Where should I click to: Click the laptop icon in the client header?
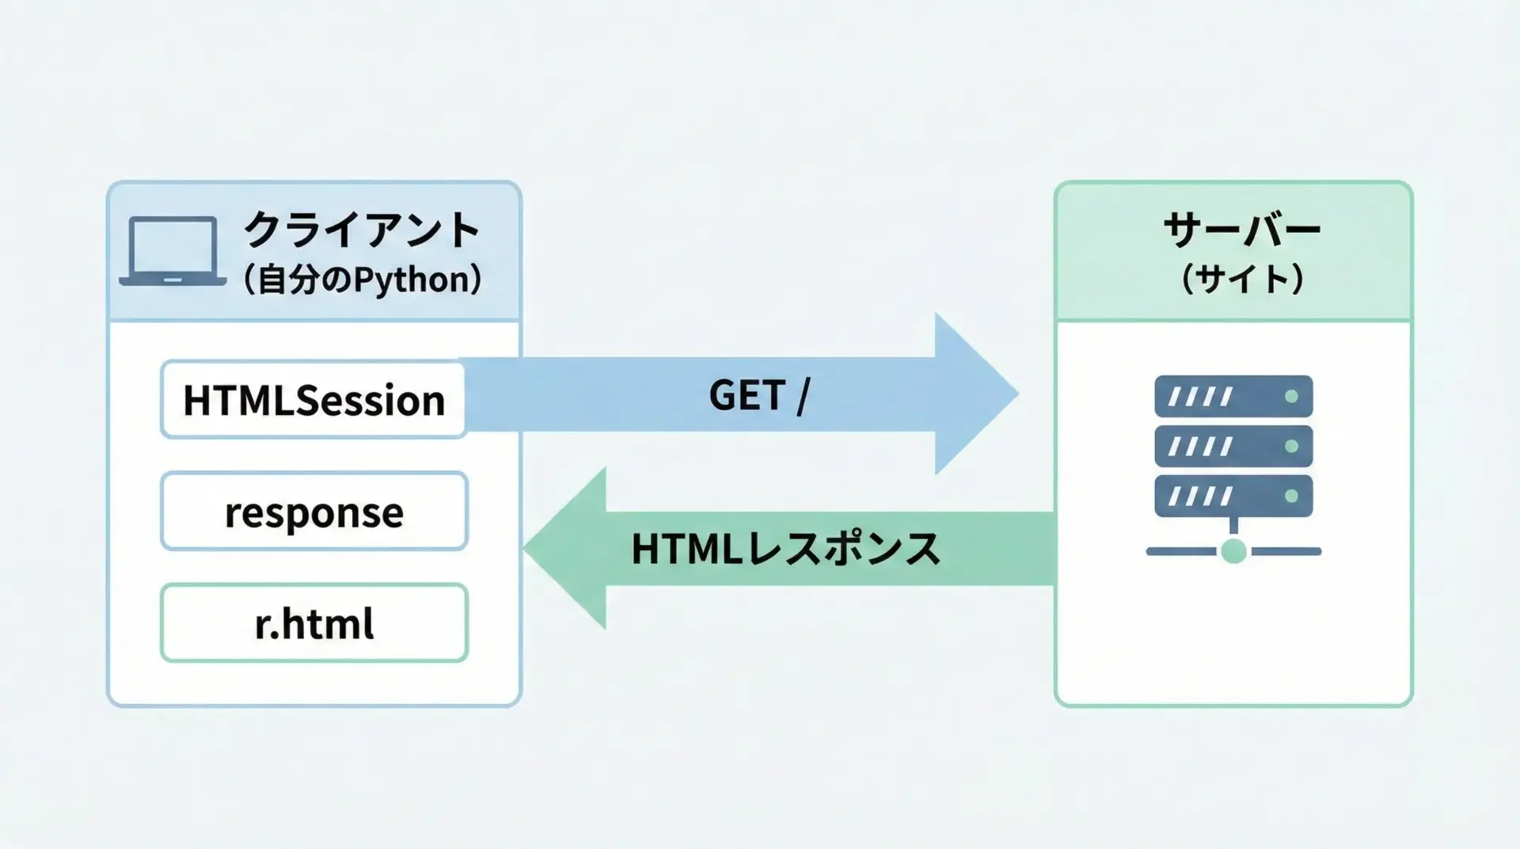173,250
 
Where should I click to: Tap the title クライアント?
362,230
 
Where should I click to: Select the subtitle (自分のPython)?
362,280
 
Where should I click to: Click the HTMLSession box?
313,399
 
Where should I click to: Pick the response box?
314,512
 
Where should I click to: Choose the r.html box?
314,623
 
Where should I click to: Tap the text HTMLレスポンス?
785,548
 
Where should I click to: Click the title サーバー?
1241,230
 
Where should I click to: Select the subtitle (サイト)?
1241,279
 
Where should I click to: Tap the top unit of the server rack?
1233,396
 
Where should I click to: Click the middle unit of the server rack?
1233,446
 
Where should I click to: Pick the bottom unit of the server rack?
1233,496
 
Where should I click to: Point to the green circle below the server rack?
1233,550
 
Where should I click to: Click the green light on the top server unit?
1291,396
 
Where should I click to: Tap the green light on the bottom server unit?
1291,496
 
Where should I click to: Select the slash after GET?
804,395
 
